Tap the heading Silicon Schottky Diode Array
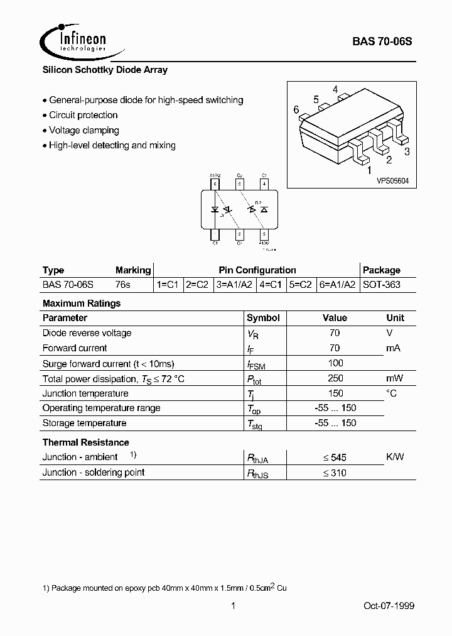pyautogui.click(x=105, y=70)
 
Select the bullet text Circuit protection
pyautogui.click(x=83, y=115)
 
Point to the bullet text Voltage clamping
pyautogui.click(x=83, y=130)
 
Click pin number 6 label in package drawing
pyautogui.click(x=296, y=110)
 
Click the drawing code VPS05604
pyautogui.click(x=392, y=180)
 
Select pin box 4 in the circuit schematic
pyautogui.click(x=264, y=184)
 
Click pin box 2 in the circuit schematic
pyautogui.click(x=239, y=234)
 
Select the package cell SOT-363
pyautogui.click(x=382, y=285)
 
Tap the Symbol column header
pyautogui.click(x=263, y=318)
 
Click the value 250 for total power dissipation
pyautogui.click(x=336, y=378)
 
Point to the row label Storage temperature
pyautogui.click(x=84, y=423)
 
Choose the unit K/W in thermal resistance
pyautogui.click(x=395, y=458)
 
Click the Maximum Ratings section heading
pyautogui.click(x=82, y=303)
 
